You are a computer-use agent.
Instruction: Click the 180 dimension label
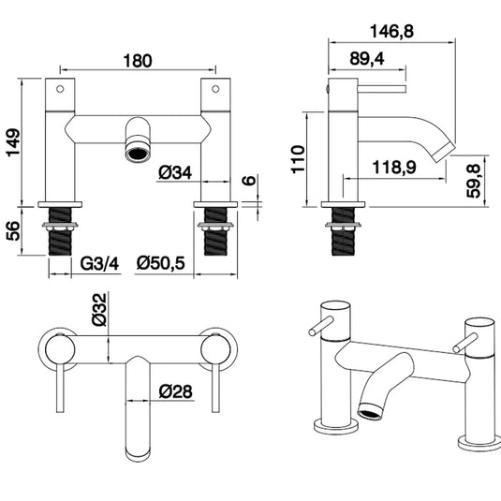[137, 61]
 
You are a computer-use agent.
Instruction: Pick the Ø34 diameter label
[176, 172]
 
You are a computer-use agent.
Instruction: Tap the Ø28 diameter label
[176, 391]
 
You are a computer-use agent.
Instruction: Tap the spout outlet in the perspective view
[373, 408]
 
